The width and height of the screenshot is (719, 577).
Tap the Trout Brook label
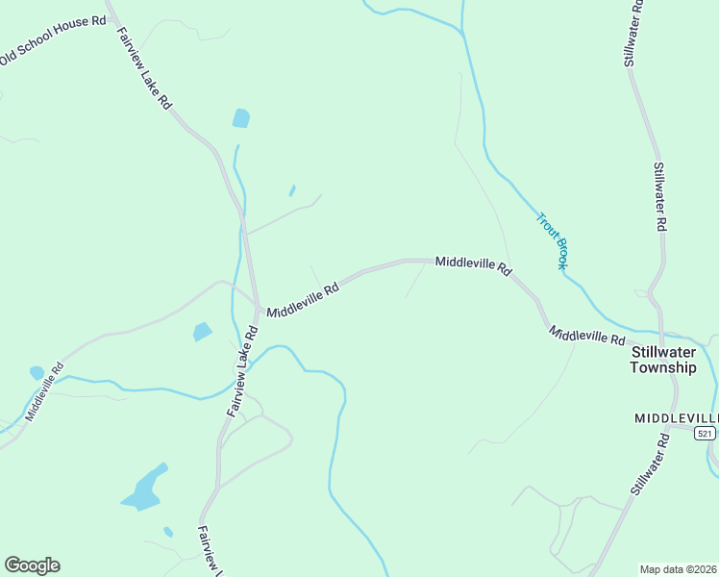point(552,240)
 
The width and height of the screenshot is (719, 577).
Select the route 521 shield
point(705,434)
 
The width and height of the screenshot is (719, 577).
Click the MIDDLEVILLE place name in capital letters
point(676,418)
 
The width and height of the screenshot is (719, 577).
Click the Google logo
point(32,565)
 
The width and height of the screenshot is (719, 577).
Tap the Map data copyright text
point(678,569)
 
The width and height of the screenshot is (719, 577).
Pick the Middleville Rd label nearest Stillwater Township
point(587,336)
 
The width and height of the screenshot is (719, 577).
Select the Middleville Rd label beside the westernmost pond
point(44,391)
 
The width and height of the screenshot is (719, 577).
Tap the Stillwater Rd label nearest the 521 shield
point(650,464)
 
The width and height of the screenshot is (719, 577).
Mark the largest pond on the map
point(143,489)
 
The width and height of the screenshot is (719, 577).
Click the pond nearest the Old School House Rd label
point(240,118)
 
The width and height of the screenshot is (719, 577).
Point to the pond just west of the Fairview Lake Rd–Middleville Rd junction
point(202,332)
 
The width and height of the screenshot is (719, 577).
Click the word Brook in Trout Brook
point(558,252)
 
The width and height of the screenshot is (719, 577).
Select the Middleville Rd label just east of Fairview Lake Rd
point(303,299)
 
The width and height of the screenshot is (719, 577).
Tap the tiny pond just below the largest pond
point(168,531)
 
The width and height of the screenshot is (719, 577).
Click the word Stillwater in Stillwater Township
point(662,351)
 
